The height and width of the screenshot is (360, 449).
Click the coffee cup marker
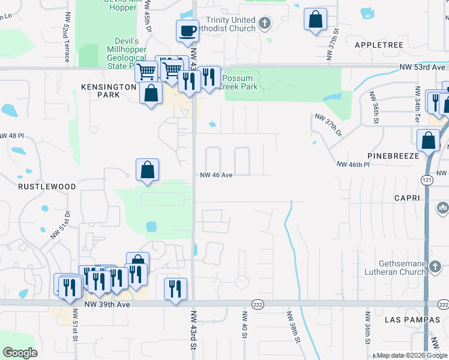point(187,30)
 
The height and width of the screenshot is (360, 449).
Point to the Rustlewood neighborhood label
point(47,187)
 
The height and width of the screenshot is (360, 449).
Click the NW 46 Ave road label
point(216,175)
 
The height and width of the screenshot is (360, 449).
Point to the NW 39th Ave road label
point(107,305)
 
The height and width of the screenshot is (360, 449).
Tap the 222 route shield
point(258,304)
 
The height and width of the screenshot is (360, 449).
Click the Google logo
point(20,353)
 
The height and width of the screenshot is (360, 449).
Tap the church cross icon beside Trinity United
point(264,24)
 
